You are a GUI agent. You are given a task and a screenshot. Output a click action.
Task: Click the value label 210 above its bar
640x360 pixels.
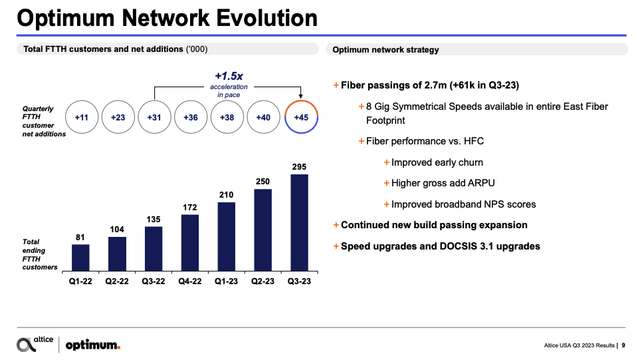226,194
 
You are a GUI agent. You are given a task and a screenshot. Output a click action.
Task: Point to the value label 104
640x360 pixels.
117,229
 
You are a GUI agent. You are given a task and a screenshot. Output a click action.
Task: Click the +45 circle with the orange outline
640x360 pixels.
299,118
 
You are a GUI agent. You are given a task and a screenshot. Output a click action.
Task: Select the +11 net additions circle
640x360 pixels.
82,118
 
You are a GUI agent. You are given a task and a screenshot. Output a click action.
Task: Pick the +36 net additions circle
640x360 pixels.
190,118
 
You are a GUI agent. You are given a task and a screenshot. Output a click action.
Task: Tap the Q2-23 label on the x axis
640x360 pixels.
263,284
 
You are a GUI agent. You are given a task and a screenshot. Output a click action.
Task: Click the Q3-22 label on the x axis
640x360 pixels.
154,284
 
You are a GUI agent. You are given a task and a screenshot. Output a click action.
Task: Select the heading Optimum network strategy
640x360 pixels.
373,49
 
